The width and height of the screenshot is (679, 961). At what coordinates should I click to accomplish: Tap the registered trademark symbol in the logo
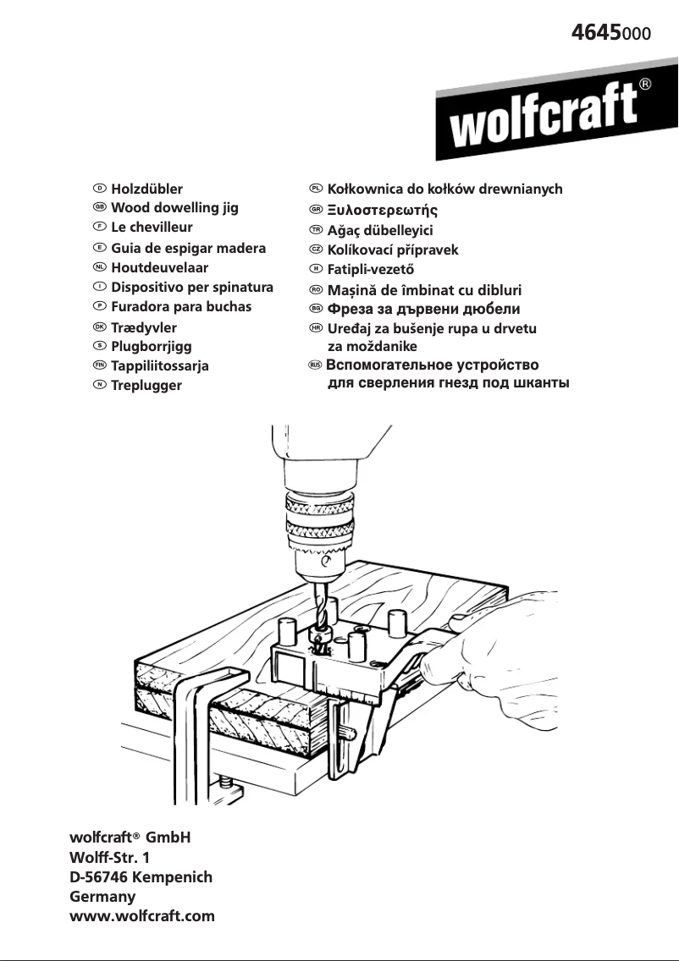[x=645, y=85]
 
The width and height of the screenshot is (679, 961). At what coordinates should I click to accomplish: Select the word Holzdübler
[x=146, y=189]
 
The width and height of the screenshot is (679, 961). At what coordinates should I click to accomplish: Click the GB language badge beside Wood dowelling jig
[x=99, y=207]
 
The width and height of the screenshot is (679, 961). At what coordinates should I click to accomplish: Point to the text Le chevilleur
[x=152, y=228]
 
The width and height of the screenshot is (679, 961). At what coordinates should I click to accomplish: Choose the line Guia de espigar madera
[x=188, y=249]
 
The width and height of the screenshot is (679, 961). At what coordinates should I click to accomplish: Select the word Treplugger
[x=146, y=386]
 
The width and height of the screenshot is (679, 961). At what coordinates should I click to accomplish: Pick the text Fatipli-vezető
[x=371, y=270]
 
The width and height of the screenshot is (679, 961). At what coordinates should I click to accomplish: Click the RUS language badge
[x=315, y=365]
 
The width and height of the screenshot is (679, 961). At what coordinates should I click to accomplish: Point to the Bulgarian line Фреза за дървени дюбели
[x=423, y=309]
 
